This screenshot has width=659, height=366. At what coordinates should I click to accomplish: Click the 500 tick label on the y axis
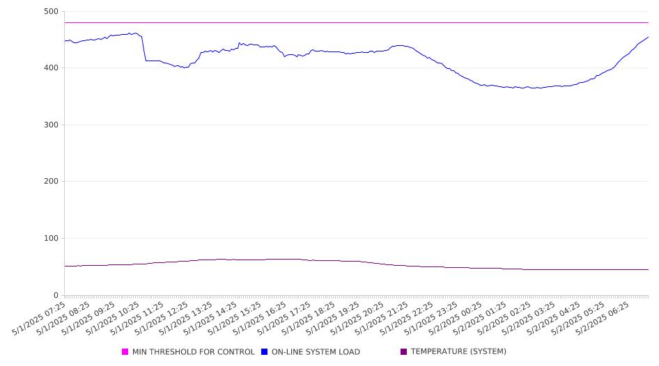(x=51, y=12)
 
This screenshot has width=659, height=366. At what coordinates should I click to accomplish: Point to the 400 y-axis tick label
(x=51, y=67)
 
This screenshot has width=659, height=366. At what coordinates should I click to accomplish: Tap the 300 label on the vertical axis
(x=51, y=125)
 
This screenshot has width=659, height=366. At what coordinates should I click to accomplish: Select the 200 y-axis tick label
(x=51, y=182)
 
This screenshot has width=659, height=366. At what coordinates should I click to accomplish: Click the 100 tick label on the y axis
(x=51, y=238)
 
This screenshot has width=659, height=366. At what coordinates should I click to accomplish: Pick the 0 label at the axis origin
(x=56, y=295)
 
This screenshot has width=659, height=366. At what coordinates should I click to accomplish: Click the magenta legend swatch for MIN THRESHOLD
(x=125, y=351)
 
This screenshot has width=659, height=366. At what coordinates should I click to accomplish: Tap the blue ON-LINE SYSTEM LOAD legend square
(x=264, y=351)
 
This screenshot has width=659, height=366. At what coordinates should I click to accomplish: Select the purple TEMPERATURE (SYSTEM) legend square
(x=404, y=351)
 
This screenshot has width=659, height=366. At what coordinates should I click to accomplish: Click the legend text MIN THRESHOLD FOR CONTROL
(x=194, y=351)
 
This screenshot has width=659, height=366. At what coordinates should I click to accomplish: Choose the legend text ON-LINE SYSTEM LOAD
(x=316, y=351)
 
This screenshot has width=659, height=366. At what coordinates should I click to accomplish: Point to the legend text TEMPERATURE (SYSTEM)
(x=458, y=351)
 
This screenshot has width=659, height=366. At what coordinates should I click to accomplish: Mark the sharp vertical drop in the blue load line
(x=144, y=49)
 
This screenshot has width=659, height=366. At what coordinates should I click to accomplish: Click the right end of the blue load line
(x=649, y=37)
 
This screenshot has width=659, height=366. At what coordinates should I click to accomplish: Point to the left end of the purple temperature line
(x=65, y=266)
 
